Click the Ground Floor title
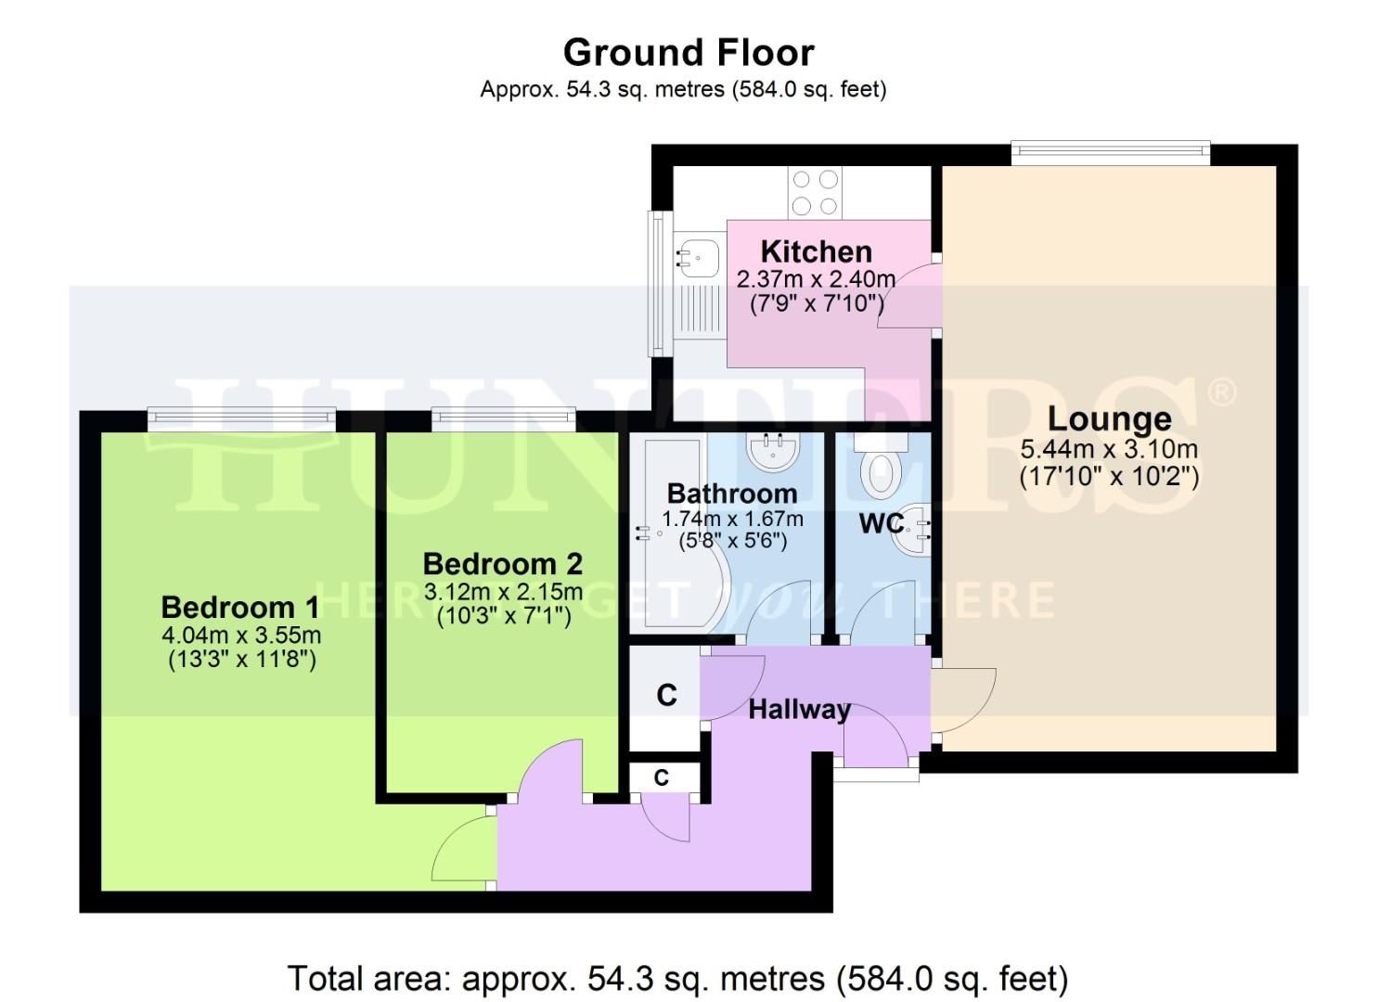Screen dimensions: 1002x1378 pos(689,53)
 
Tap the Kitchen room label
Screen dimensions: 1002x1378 pos(816,251)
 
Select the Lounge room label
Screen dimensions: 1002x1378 pos(1109,418)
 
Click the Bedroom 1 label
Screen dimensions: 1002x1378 pos(240,608)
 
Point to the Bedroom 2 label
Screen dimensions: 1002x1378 pos(502,563)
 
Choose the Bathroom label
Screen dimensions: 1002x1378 pos(731,493)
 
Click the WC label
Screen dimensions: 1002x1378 pos(881,524)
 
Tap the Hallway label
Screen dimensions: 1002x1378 pos(799,710)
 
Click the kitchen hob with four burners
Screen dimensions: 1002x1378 pos(814,193)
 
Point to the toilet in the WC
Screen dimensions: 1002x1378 pos(879,470)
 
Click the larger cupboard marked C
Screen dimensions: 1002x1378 pos(665,696)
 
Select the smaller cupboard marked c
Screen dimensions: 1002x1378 pos(661,777)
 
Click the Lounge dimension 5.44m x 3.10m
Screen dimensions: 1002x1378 pos(1109,450)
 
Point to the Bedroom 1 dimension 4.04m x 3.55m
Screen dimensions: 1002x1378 pos(241,636)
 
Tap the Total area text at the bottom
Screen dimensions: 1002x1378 pos(677,978)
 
